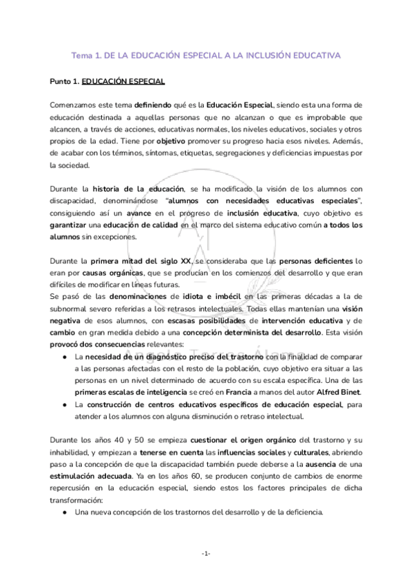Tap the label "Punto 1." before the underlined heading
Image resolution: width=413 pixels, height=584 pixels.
[64, 81]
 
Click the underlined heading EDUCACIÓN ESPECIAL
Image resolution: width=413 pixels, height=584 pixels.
[123, 81]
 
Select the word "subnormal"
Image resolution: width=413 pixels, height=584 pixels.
[71, 309]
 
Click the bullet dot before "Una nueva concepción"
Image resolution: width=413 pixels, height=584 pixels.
[64, 512]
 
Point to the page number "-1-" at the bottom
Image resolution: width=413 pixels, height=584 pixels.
[206, 554]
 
